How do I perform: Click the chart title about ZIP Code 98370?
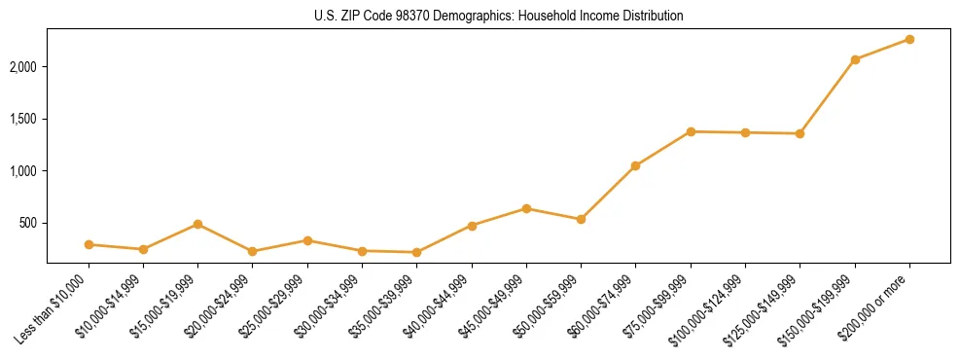tap(498, 16)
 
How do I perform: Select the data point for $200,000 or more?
tap(909, 39)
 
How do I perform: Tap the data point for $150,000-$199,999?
tap(855, 59)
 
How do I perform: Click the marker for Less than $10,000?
tap(89, 244)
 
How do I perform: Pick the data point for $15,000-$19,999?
tap(197, 224)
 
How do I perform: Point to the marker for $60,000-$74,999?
tap(635, 165)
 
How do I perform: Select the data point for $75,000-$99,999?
tap(691, 131)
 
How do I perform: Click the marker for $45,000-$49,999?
tap(526, 208)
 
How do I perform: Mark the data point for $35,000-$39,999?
tap(416, 252)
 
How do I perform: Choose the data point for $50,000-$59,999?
tap(581, 219)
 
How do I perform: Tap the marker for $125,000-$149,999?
tap(800, 133)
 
